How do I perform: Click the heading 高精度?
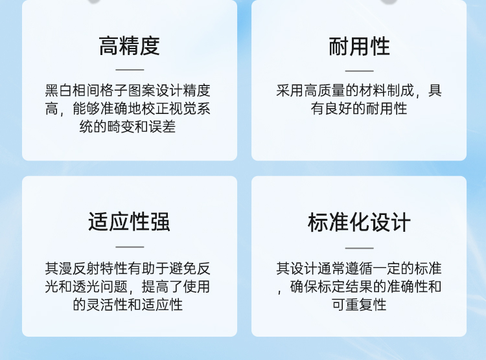tap(129, 46)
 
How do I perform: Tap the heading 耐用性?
tap(359, 47)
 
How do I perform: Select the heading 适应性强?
tap(129, 222)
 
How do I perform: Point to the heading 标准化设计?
tap(359, 223)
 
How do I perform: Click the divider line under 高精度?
tap(130, 70)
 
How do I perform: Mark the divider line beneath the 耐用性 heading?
tap(359, 71)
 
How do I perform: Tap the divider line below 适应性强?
tap(130, 247)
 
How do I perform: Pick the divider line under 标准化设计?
tap(359, 248)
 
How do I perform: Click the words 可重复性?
tap(359, 304)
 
